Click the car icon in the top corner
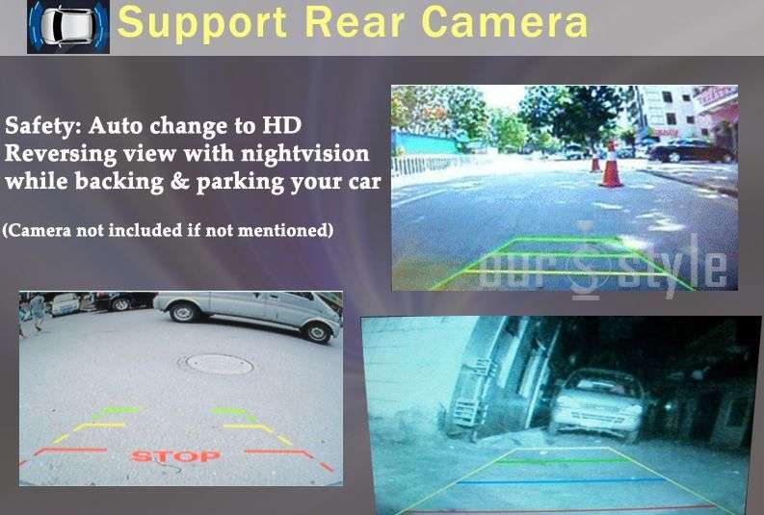pyautogui.click(x=68, y=25)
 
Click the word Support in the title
pyautogui.click(x=201, y=23)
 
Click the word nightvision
pyautogui.click(x=305, y=154)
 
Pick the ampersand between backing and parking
pyautogui.click(x=180, y=182)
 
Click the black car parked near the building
pyautogui.click(x=692, y=150)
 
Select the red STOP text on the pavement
pyautogui.click(x=175, y=456)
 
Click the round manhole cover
pyautogui.click(x=217, y=364)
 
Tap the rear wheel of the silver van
pyautogui.click(x=183, y=312)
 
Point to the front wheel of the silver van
pyautogui.click(x=316, y=332)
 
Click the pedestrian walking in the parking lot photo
pyautogui.click(x=37, y=313)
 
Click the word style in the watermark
pyautogui.click(x=671, y=267)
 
